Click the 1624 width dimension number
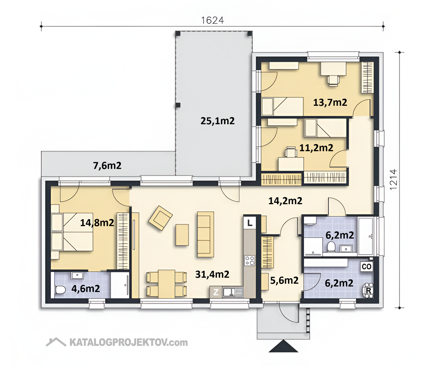[x=213, y=20]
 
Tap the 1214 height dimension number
[x=393, y=179]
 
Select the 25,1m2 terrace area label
[x=217, y=121]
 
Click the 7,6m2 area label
[x=107, y=165]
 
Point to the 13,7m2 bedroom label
[x=330, y=102]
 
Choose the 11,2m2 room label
[x=316, y=148]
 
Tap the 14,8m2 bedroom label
[x=97, y=223]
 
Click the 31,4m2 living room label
[x=212, y=274]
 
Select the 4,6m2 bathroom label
[x=86, y=289]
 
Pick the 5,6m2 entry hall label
[x=284, y=280]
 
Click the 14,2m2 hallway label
[x=285, y=201]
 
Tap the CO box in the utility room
[x=366, y=267]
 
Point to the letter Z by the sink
[x=216, y=292]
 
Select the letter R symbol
[x=369, y=291]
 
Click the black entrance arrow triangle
[x=283, y=347]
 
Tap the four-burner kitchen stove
[x=250, y=261]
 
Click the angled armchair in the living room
[x=161, y=218]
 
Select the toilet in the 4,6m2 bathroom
[x=60, y=290]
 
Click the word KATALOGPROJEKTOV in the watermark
[x=120, y=343]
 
